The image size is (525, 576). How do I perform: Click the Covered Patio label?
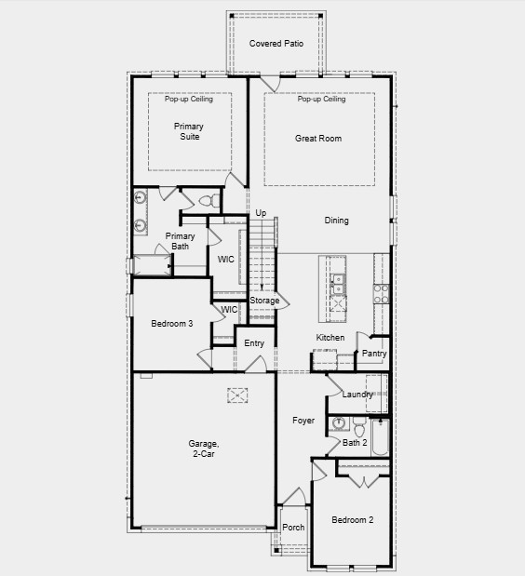click(276, 44)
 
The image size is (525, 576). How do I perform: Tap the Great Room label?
click(318, 139)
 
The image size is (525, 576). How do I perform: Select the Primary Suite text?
click(188, 132)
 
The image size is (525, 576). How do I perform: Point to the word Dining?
click(337, 221)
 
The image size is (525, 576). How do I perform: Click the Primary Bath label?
click(181, 242)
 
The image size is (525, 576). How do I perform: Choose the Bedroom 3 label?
click(172, 324)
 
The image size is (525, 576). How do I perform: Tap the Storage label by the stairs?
click(264, 301)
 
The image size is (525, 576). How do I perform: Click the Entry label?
click(254, 343)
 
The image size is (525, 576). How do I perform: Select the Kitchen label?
click(330, 338)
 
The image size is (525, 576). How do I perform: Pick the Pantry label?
click(374, 354)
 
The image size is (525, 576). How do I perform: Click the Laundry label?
click(357, 395)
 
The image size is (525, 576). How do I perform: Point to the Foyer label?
click(303, 421)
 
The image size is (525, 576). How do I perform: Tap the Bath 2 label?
click(355, 443)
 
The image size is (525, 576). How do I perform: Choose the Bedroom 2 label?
click(353, 520)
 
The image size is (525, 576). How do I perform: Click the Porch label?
click(293, 528)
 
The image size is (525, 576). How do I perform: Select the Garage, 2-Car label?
click(203, 449)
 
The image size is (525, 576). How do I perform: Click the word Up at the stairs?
click(261, 214)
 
